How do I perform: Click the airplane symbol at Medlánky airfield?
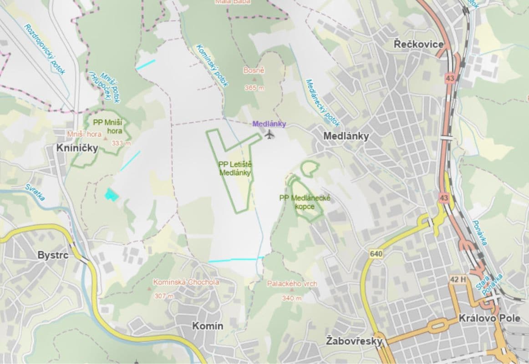[x=270, y=134]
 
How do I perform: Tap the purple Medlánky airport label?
[x=269, y=124]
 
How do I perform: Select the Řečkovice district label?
[x=419, y=44]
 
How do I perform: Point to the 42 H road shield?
[x=458, y=280]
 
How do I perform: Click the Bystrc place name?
[x=53, y=255]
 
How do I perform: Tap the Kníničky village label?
[x=77, y=148]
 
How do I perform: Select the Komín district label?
[x=208, y=326]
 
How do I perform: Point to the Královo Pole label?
[x=495, y=318]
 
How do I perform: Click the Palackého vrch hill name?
[x=292, y=284]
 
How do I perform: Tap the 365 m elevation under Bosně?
[x=254, y=88]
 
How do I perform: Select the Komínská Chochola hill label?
[x=186, y=282]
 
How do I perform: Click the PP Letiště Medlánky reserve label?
[x=235, y=168]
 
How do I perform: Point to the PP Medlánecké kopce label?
[x=305, y=202]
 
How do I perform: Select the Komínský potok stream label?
[x=212, y=65]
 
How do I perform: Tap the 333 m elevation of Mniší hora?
[x=121, y=143]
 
